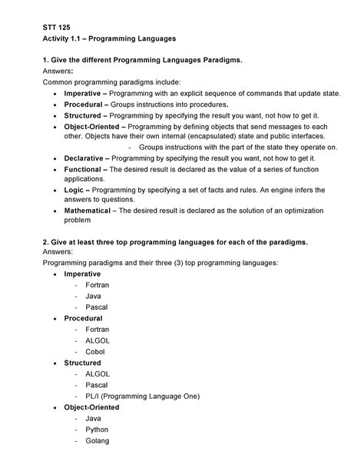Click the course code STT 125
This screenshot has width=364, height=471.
coord(56,25)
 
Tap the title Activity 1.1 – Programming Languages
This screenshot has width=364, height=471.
coord(109,38)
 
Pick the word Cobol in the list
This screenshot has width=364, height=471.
coord(95,352)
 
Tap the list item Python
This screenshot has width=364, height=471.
coord(98,430)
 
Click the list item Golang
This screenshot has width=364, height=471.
coord(98,441)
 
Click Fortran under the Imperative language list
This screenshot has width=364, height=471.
coord(97,285)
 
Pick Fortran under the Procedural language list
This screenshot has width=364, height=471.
coord(97,330)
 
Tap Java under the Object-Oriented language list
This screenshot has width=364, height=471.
coord(94,419)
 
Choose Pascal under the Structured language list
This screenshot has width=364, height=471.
coord(97,385)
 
